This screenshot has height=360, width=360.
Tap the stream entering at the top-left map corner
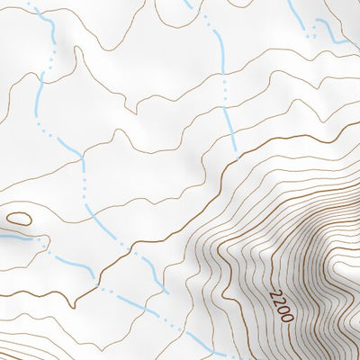pos(36,11)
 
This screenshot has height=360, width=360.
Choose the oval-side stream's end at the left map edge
pos(3,237)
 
